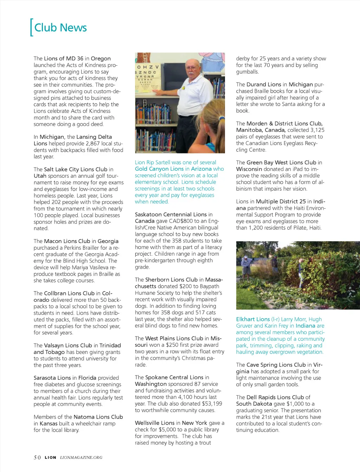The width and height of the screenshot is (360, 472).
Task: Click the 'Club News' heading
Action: pos(60,28)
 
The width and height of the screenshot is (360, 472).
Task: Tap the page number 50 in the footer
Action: pos(37,457)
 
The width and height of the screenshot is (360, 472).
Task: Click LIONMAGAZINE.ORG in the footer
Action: pos(81,457)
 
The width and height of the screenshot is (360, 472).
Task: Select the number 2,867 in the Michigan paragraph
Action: pos(94,143)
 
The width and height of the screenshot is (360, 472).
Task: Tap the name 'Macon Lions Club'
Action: pos(67,241)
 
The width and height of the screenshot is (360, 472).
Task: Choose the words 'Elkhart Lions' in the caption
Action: pos(253,319)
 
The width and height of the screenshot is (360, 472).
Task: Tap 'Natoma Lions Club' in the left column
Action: pos(98,417)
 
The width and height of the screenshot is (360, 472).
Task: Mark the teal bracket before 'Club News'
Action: pos(32,27)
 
